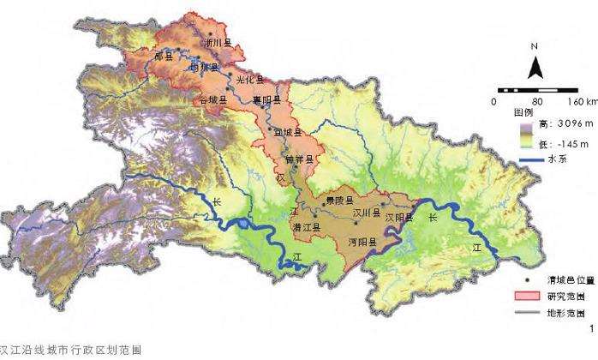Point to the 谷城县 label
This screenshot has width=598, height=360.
pos(212,100)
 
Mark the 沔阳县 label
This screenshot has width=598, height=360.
pos(363,243)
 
